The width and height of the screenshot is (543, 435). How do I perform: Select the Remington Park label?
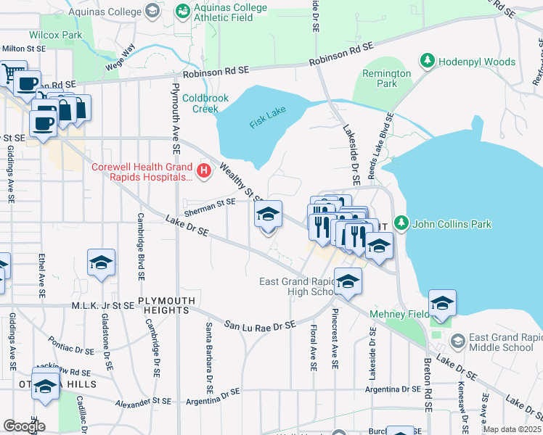[386, 78]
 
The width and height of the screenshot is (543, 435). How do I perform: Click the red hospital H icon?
[204, 172]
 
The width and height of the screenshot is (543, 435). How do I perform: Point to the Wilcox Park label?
[56, 34]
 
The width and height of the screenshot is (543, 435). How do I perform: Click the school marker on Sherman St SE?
[268, 215]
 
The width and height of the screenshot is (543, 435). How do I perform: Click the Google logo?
[23, 426]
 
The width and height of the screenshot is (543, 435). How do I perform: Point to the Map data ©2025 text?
[511, 429]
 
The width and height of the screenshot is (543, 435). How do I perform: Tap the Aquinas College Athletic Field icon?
[184, 10]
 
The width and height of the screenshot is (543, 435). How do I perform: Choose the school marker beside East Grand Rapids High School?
[348, 281]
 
